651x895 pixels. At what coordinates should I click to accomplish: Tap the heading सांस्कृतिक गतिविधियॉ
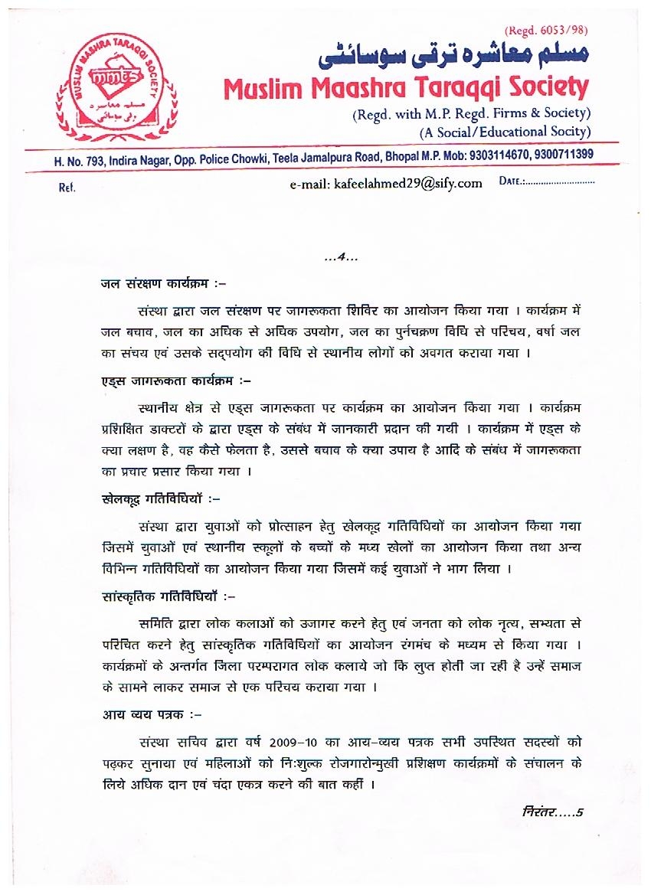pyautogui.click(x=162, y=594)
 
